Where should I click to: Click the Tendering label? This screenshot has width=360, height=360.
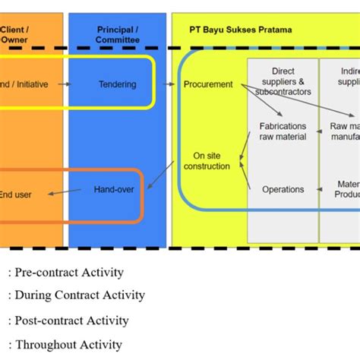click(118, 84)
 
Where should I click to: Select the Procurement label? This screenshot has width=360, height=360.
click(208, 84)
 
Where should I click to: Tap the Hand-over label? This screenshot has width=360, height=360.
click(114, 188)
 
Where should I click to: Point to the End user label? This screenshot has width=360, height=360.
click(16, 194)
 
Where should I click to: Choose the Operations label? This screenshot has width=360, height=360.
click(283, 189)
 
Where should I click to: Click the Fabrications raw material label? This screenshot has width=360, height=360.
click(283, 131)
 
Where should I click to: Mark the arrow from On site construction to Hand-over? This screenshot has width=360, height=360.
click(159, 175)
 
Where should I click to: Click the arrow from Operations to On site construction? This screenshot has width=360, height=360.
click(245, 175)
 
